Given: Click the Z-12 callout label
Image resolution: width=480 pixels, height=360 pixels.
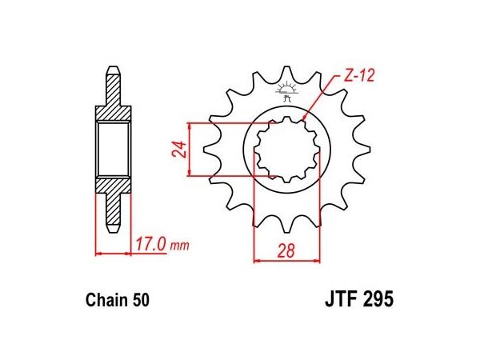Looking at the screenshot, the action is coord(358,76).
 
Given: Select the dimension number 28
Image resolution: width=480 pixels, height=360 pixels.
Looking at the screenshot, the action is coord(286,250).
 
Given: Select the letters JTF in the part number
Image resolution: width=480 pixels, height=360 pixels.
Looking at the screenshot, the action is coord(341,298).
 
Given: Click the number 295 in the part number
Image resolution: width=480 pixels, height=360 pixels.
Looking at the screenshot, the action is coord(378,298).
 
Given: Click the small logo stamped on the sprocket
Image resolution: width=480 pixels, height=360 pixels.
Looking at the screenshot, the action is coord(286,90).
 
